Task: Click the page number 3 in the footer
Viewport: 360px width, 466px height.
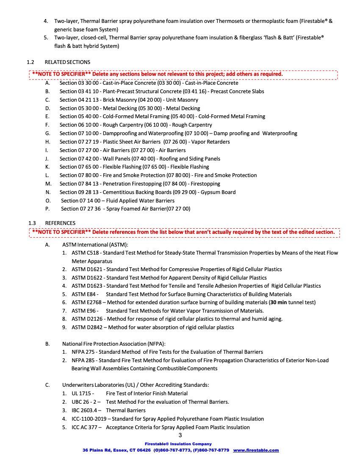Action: [180, 435]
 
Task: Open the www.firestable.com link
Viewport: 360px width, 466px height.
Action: [256, 450]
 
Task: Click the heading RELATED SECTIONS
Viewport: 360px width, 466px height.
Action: [67, 62]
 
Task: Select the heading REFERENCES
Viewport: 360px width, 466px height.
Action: [60, 223]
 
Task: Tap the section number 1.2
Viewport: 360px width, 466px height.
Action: [30, 62]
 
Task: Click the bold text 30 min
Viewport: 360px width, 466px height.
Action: [280, 302]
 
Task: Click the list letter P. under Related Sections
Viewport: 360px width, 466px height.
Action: [47, 209]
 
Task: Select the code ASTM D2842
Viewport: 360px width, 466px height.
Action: [88, 327]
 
